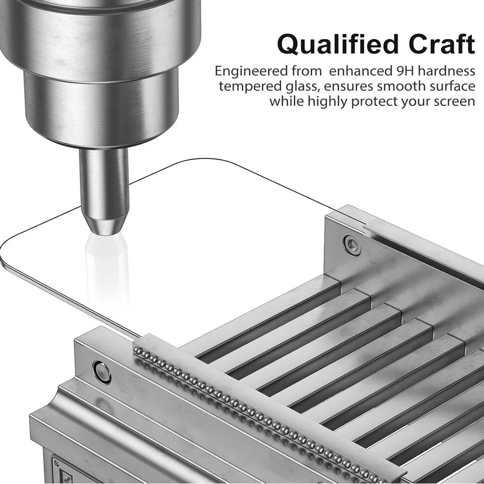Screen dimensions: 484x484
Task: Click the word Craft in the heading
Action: [442, 44]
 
